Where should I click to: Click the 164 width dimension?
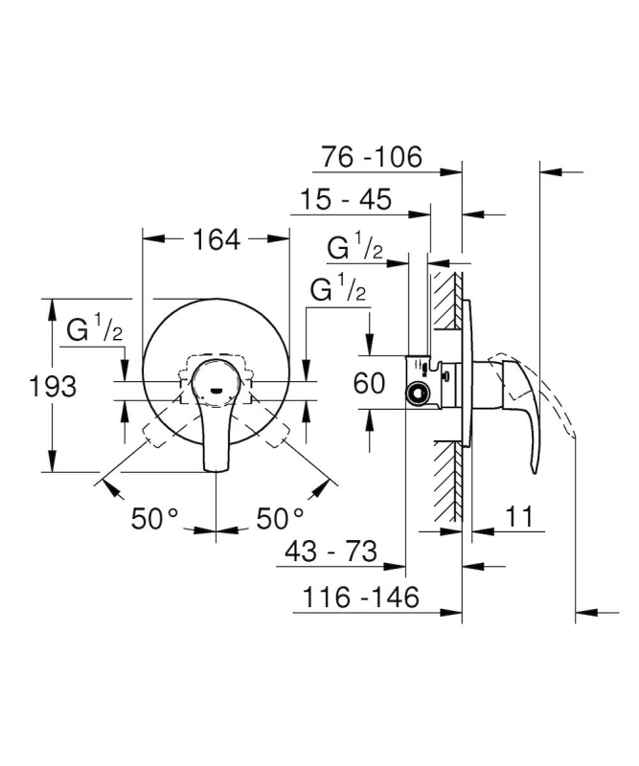pos(217,239)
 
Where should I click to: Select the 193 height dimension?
pos(53,387)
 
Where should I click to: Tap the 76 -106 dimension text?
pos(371,157)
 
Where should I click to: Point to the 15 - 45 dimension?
pos(346,199)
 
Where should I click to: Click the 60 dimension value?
pos(369,383)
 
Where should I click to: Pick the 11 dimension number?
pos(519,516)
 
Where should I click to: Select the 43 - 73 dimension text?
pos(331,552)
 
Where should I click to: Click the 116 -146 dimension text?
pos(361,597)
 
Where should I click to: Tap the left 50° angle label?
pos(155,518)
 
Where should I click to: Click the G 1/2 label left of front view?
pos(94,328)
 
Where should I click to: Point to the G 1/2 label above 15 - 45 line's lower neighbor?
pos(354,247)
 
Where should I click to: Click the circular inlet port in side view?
pos(417,393)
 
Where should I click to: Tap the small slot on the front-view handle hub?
pos(217,390)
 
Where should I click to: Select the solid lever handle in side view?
pos(518,411)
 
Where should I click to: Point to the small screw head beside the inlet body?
pos(445,375)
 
